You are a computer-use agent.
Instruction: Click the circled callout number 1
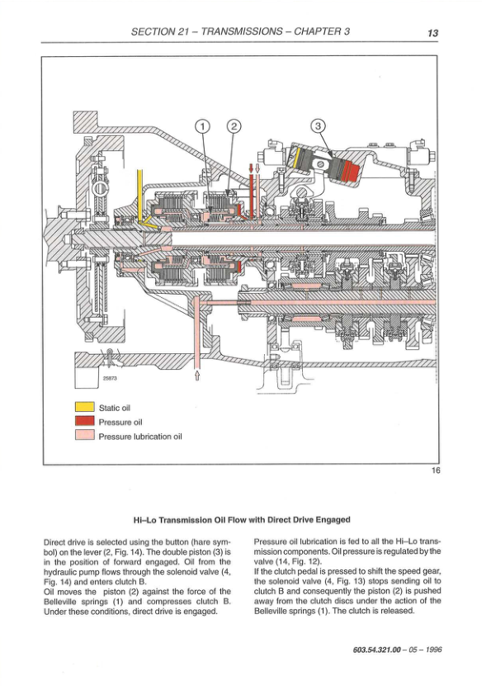tap(201, 126)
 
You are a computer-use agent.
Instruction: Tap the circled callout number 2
tap(234, 126)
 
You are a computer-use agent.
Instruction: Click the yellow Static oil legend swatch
tap(85, 407)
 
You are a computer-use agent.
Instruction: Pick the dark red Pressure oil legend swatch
tap(85, 422)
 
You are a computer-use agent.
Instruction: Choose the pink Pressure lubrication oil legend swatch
tap(85, 436)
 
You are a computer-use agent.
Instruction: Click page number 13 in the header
tap(432, 33)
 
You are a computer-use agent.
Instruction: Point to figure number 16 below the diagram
tap(436, 470)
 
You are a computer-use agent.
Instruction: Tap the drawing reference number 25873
tap(109, 379)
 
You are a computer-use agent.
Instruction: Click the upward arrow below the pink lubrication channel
tap(197, 376)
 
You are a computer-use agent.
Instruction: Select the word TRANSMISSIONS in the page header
tap(241, 31)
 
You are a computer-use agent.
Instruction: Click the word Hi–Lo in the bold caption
tap(145, 520)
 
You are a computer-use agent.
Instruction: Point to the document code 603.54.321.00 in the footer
tap(376, 650)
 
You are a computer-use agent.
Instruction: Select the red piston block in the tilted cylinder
tap(350, 172)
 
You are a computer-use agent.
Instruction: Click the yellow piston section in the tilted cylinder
tap(300, 159)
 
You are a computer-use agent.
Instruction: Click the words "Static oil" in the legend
tap(115, 408)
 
